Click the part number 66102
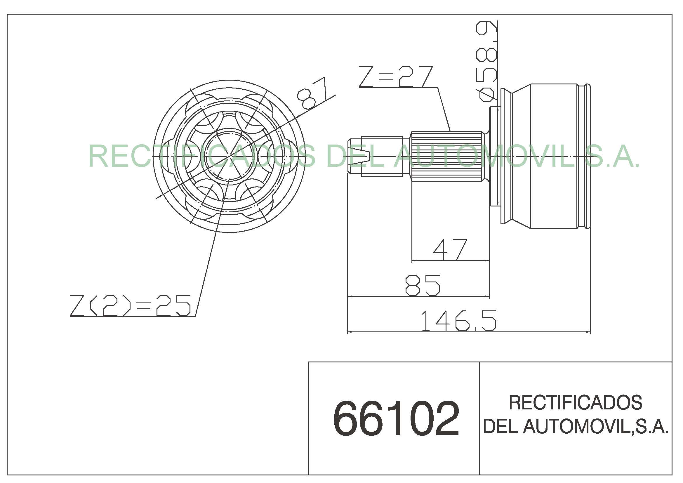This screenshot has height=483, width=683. pyautogui.click(x=396, y=418)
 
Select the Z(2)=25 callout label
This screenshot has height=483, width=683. pyautogui.click(x=130, y=305)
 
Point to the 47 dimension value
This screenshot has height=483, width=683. pyautogui.click(x=450, y=249)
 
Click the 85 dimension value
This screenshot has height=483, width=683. pyautogui.click(x=423, y=285)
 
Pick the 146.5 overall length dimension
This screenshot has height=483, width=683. pyautogui.click(x=459, y=321)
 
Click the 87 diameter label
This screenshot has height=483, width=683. pyautogui.click(x=312, y=93)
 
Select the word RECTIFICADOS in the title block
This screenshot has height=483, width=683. pyautogui.click(x=575, y=403)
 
